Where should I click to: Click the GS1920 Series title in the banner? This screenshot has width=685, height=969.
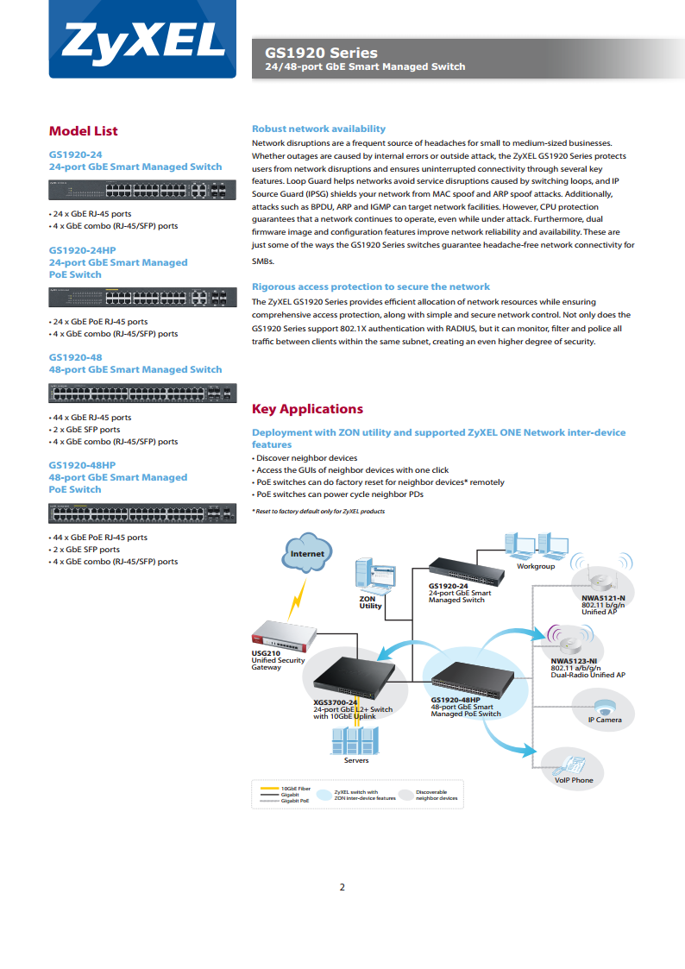[321, 53]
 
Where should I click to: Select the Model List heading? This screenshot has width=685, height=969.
[84, 131]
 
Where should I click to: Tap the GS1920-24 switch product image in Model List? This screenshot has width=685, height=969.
[142, 190]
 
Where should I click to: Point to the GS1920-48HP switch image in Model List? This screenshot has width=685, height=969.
[142, 513]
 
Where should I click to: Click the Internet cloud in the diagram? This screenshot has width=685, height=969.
[308, 553]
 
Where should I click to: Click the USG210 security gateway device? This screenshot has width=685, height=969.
[284, 636]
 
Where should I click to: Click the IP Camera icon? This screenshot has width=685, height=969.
[603, 708]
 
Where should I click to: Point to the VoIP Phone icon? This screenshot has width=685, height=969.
[569, 765]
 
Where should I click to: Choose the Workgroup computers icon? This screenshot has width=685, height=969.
[536, 546]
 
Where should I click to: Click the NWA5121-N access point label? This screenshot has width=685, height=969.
[603, 598]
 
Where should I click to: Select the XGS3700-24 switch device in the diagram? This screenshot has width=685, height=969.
[354, 677]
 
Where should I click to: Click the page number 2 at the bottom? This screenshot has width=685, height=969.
[342, 887]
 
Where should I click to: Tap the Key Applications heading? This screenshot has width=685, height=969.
[308, 409]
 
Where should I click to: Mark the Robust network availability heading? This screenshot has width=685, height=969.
[318, 129]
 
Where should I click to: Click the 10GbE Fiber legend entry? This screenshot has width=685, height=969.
[286, 789]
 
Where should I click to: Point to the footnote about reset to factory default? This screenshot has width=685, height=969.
[318, 511]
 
